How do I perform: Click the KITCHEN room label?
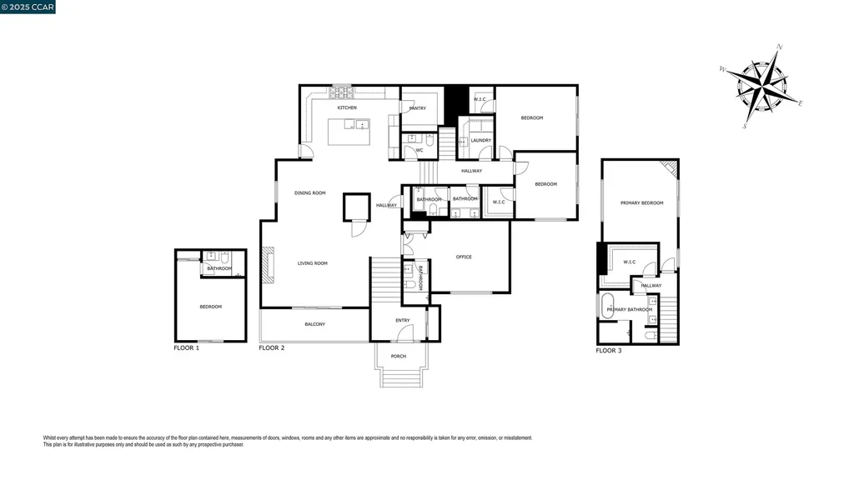click(347, 108)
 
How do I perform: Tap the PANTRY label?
click(418, 108)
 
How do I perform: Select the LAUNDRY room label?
click(481, 140)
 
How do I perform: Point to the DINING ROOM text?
click(310, 192)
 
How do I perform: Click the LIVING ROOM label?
click(313, 263)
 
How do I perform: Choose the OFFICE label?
click(464, 257)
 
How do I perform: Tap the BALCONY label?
click(314, 324)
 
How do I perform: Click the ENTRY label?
click(403, 320)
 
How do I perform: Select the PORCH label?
click(399, 357)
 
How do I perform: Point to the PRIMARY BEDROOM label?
click(641, 202)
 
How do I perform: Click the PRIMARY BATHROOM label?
click(629, 310)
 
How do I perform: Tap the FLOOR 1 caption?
click(186, 347)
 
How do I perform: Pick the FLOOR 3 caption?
click(608, 351)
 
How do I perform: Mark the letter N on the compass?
click(779, 47)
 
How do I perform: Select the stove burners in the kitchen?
click(344, 92)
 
